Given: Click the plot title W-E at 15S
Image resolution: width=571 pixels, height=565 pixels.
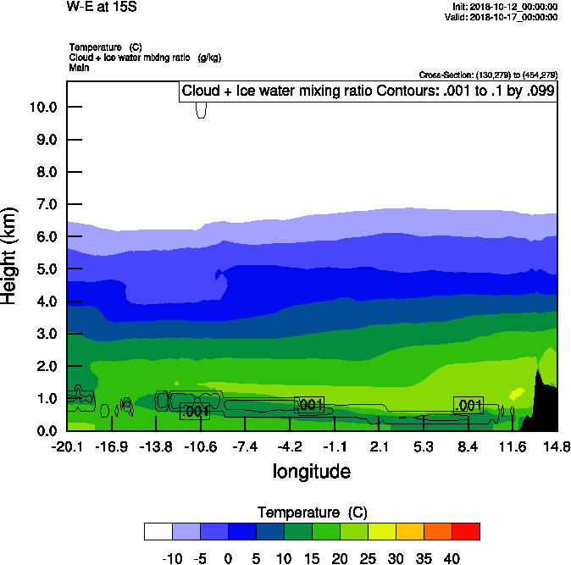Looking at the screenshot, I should tap(102, 7).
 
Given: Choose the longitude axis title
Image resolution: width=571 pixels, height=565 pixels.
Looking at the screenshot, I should tap(311, 471).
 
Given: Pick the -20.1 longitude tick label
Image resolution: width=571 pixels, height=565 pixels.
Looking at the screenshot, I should tap(67, 446).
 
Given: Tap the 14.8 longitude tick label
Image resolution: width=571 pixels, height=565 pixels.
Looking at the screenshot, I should tap(557, 446).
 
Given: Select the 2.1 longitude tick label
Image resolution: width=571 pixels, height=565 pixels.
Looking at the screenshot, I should tap(379, 446).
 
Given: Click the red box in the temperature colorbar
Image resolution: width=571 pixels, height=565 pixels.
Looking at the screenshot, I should tap(465, 531).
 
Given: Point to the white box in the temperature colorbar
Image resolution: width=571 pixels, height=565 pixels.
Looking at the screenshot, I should tap(158, 531).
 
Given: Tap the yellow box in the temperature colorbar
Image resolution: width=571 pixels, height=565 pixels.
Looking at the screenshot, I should tap(381, 531).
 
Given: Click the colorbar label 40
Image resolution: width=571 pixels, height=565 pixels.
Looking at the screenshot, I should tap(451, 558).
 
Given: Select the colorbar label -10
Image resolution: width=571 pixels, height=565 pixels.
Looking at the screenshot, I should tap(172, 558).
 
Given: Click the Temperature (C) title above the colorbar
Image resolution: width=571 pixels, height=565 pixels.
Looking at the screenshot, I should tap(311, 512).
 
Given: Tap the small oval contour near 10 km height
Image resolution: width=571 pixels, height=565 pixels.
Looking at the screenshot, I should tap(201, 110).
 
